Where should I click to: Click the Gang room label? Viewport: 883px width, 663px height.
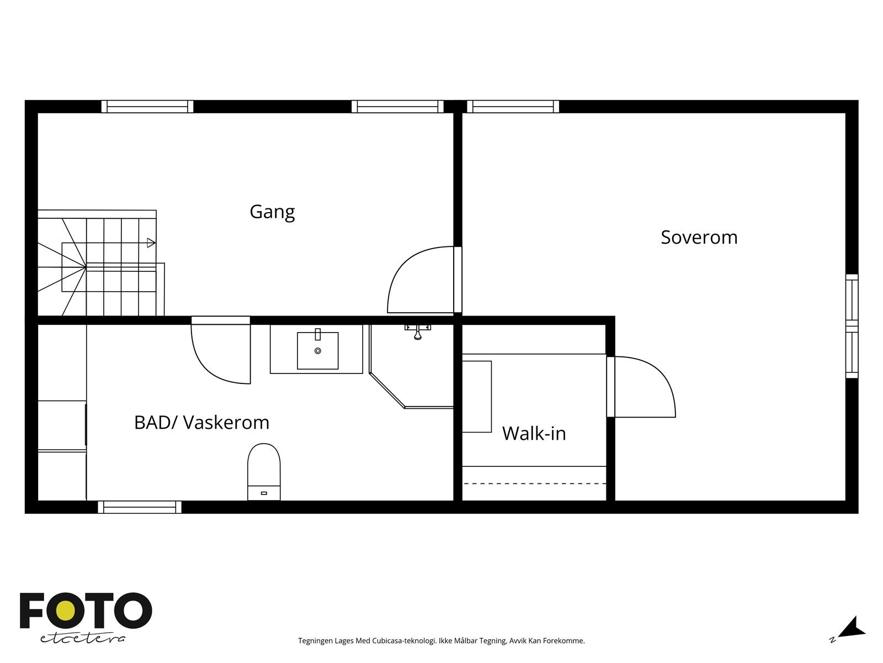(272, 212)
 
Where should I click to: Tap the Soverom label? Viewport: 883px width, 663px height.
(699, 238)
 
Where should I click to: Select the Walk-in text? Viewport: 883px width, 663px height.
(534, 434)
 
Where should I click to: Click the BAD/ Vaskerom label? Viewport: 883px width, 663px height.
(201, 423)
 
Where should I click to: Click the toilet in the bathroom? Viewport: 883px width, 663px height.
(264, 470)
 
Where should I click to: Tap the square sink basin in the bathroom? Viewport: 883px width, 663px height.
(317, 350)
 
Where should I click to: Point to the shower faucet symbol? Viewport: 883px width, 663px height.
(418, 331)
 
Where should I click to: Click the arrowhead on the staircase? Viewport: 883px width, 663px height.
(151, 243)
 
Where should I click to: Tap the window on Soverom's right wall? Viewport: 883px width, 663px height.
(852, 326)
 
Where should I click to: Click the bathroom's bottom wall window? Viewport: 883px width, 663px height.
(140, 507)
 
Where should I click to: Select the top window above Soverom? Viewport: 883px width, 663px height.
(513, 107)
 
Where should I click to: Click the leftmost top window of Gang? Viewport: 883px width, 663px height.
(147, 107)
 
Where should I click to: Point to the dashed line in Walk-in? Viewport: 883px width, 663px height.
(534, 483)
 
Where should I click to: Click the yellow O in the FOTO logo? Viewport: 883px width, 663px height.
(67, 612)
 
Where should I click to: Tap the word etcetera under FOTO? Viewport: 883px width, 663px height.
(82, 638)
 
